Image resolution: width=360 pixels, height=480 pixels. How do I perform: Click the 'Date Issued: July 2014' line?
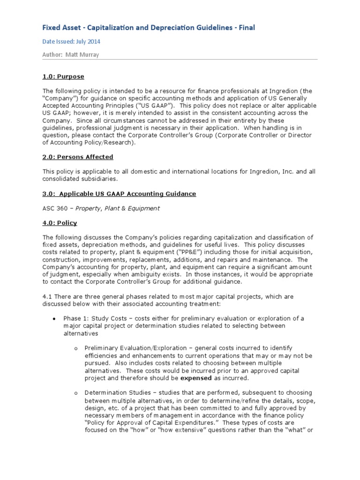[x=71, y=42]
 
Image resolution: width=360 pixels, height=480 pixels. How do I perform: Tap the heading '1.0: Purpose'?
[x=63, y=76]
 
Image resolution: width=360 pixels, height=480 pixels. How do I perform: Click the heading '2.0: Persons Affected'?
[x=77, y=157]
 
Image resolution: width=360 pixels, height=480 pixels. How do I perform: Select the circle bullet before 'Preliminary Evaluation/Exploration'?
[x=76, y=349]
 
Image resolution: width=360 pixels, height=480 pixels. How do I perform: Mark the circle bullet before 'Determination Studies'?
[x=76, y=393]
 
